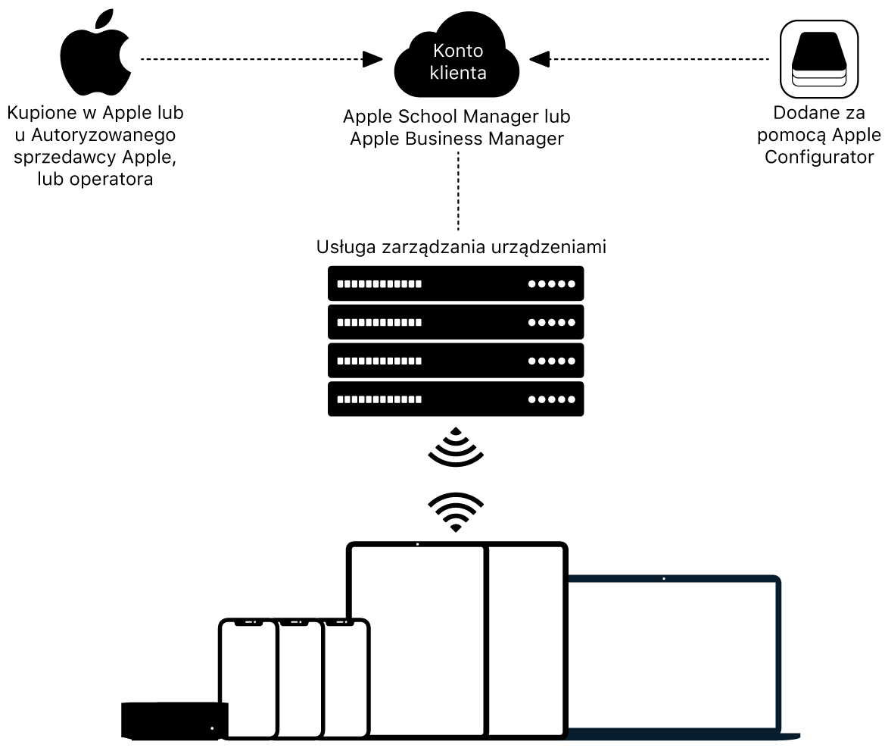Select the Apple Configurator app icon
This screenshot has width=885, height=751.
(x=818, y=59)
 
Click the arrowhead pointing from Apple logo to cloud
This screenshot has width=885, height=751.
(x=373, y=58)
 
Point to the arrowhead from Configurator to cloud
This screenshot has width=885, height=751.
(x=540, y=58)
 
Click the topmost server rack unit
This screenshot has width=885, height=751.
(x=456, y=284)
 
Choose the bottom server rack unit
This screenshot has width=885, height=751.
(x=456, y=399)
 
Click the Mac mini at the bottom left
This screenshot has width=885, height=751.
(x=174, y=720)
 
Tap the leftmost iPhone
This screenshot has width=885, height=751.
(x=248, y=678)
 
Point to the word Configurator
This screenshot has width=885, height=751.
(x=819, y=158)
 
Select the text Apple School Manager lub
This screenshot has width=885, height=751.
(x=457, y=117)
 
